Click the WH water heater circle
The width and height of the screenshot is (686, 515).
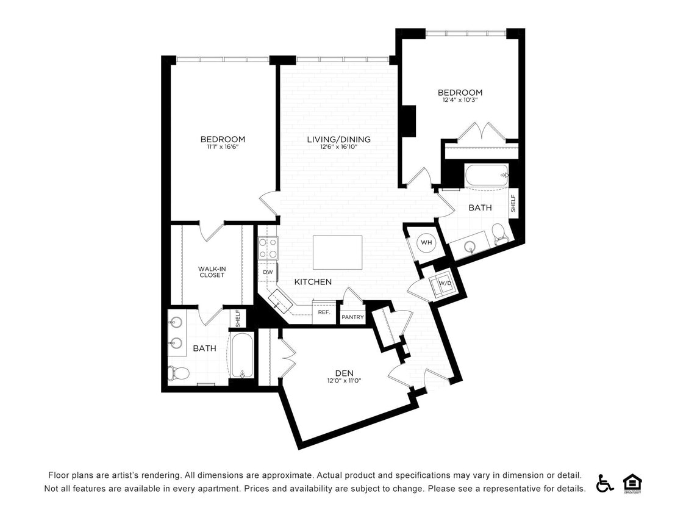pos(426,243)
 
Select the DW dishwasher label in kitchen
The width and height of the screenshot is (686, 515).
pos(268,272)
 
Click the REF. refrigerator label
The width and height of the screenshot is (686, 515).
pos(324,312)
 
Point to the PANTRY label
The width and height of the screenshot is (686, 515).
pos(352,317)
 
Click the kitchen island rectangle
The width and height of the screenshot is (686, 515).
pos(337,252)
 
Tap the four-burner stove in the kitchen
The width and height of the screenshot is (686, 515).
pos(268,248)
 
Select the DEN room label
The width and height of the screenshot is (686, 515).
pos(344,373)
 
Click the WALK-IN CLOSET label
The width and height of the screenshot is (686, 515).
pos(211,272)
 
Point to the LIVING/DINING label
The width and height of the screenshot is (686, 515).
pos(338,139)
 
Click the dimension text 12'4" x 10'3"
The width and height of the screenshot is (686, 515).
pos(460,100)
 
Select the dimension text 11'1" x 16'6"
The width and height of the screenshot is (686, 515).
pos(223,147)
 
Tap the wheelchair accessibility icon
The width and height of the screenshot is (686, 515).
pos(604,483)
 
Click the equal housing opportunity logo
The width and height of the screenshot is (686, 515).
pos(632,483)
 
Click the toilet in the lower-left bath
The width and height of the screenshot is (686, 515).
pos(179,372)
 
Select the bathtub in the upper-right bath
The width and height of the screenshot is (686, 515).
pos(486,175)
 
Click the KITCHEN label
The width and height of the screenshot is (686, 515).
pos(313,282)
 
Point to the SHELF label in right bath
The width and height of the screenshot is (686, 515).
pos(513,203)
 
